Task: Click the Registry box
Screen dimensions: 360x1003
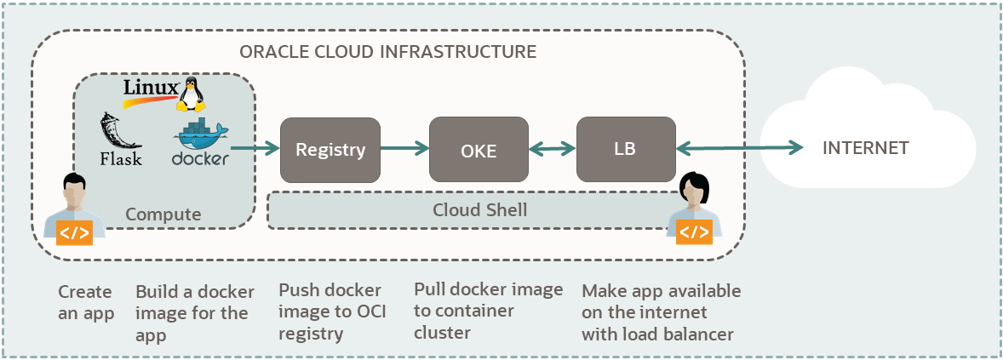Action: [x=330, y=150]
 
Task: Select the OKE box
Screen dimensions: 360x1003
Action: [x=479, y=151]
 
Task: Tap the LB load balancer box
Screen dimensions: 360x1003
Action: [x=626, y=150]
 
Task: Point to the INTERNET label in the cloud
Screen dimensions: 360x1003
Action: [x=865, y=148]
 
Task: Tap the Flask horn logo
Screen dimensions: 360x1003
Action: [x=117, y=132]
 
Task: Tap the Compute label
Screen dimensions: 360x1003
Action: [x=163, y=214]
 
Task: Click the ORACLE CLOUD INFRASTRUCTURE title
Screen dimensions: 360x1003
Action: [x=387, y=51]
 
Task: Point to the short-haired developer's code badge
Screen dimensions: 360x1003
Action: [x=74, y=232]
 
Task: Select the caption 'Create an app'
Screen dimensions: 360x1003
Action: [x=85, y=302]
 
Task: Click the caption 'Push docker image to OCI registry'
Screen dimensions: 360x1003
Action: [x=332, y=311]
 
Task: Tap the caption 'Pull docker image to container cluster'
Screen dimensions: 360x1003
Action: [x=488, y=311]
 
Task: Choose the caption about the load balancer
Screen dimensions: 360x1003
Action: [x=661, y=312]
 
